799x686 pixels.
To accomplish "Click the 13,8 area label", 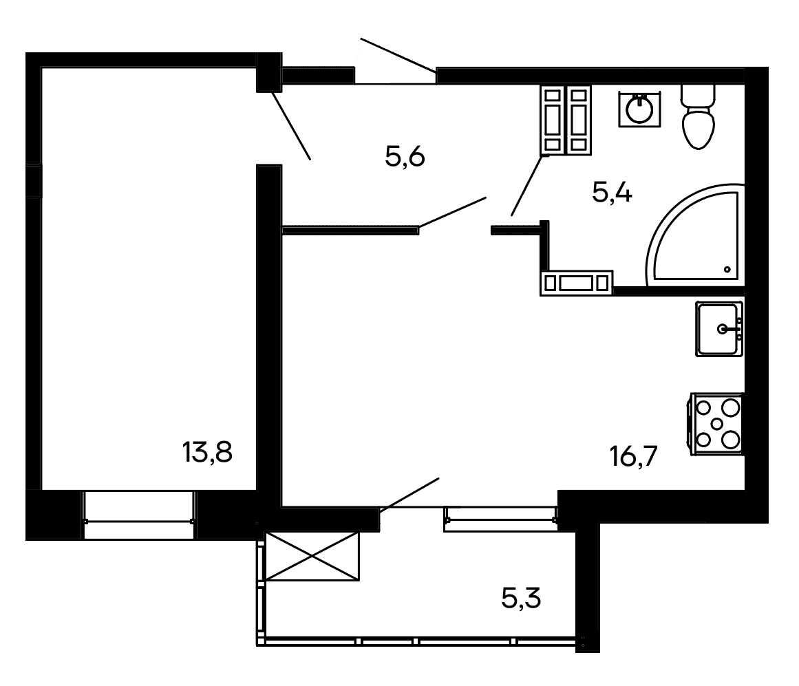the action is (x=207, y=452).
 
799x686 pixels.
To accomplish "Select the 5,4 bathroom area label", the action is (x=612, y=193).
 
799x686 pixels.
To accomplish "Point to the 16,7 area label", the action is (x=633, y=455).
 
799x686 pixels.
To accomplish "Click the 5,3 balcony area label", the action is (x=521, y=598).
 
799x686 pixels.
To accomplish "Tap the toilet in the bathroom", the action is (x=698, y=116).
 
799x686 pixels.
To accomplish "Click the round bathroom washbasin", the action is (x=639, y=109).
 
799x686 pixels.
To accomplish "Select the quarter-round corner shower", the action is (x=695, y=235).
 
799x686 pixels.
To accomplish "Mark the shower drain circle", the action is (x=727, y=270).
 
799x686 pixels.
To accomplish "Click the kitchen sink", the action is (x=719, y=329).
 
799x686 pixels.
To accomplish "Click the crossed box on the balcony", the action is (x=312, y=556).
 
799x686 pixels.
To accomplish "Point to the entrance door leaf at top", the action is (x=398, y=56).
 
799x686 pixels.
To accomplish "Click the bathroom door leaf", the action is (x=526, y=185).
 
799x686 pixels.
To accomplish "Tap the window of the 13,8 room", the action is (x=138, y=515).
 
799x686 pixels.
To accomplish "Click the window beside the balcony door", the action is (x=501, y=519).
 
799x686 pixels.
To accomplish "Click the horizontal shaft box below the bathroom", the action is (x=576, y=283).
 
